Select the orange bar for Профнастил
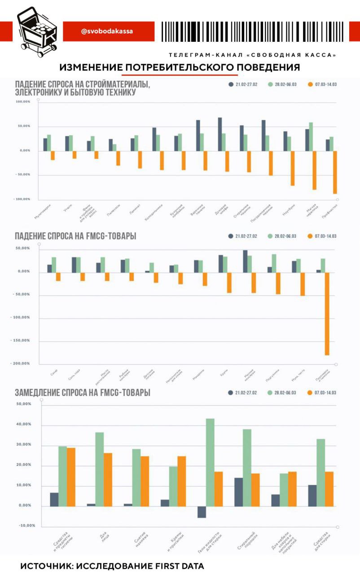click(335, 172)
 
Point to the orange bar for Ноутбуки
click(292, 168)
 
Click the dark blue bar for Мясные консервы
click(245, 261)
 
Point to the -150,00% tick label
click(20, 341)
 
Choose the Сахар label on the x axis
click(53, 374)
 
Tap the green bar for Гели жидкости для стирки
click(210, 462)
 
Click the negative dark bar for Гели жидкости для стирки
click(202, 512)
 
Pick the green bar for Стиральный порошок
click(247, 468)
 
